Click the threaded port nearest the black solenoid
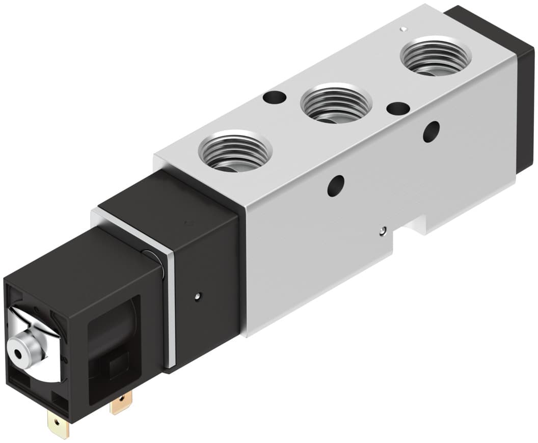235,151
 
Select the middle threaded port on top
336,103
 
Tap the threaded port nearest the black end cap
435,56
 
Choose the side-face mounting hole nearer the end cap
431,131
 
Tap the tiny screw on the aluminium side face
382,232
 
